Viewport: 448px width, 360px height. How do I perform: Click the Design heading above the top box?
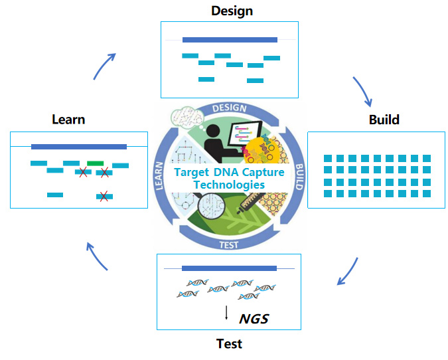[x=232, y=11]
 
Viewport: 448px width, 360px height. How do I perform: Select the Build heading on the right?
[x=384, y=120]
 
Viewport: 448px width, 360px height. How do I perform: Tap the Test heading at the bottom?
[x=229, y=343]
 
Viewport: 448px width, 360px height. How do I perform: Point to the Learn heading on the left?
[x=68, y=120]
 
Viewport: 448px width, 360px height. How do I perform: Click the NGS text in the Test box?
[x=254, y=318]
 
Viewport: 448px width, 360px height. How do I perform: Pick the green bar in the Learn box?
[x=95, y=163]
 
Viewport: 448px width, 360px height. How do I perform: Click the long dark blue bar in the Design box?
[x=230, y=40]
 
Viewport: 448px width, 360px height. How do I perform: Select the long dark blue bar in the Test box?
[x=229, y=268]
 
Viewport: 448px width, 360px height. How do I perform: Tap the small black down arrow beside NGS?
[x=226, y=313]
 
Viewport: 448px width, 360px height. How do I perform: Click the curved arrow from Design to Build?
[x=362, y=92]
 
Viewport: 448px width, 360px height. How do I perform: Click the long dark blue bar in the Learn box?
[x=79, y=147]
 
